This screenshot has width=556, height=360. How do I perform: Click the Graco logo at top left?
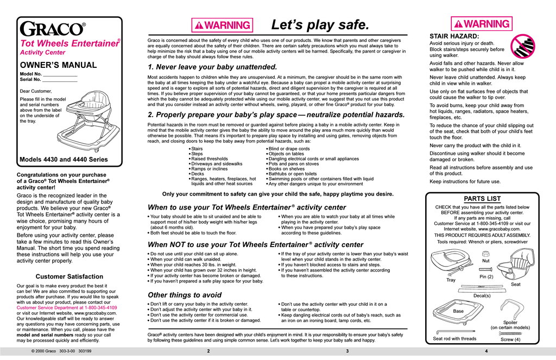pyautogui.click(x=52, y=29)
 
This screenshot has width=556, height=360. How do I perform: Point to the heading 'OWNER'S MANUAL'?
pyautogui.click(x=58, y=65)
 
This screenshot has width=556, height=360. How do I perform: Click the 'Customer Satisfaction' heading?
pyautogui.click(x=69, y=276)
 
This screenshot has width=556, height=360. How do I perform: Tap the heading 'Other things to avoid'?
pyautogui.click(x=185, y=295)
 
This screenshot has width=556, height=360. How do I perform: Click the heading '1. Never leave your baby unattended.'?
pyautogui.click(x=212, y=67)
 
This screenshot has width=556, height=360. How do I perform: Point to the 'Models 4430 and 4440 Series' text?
pyautogui.click(x=64, y=160)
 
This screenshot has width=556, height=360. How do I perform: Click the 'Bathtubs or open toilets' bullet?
pyautogui.click(x=293, y=174)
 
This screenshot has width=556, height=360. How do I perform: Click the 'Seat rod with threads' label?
pyautogui.click(x=454, y=339)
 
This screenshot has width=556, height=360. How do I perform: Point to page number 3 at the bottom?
pyautogui.click(x=347, y=351)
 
